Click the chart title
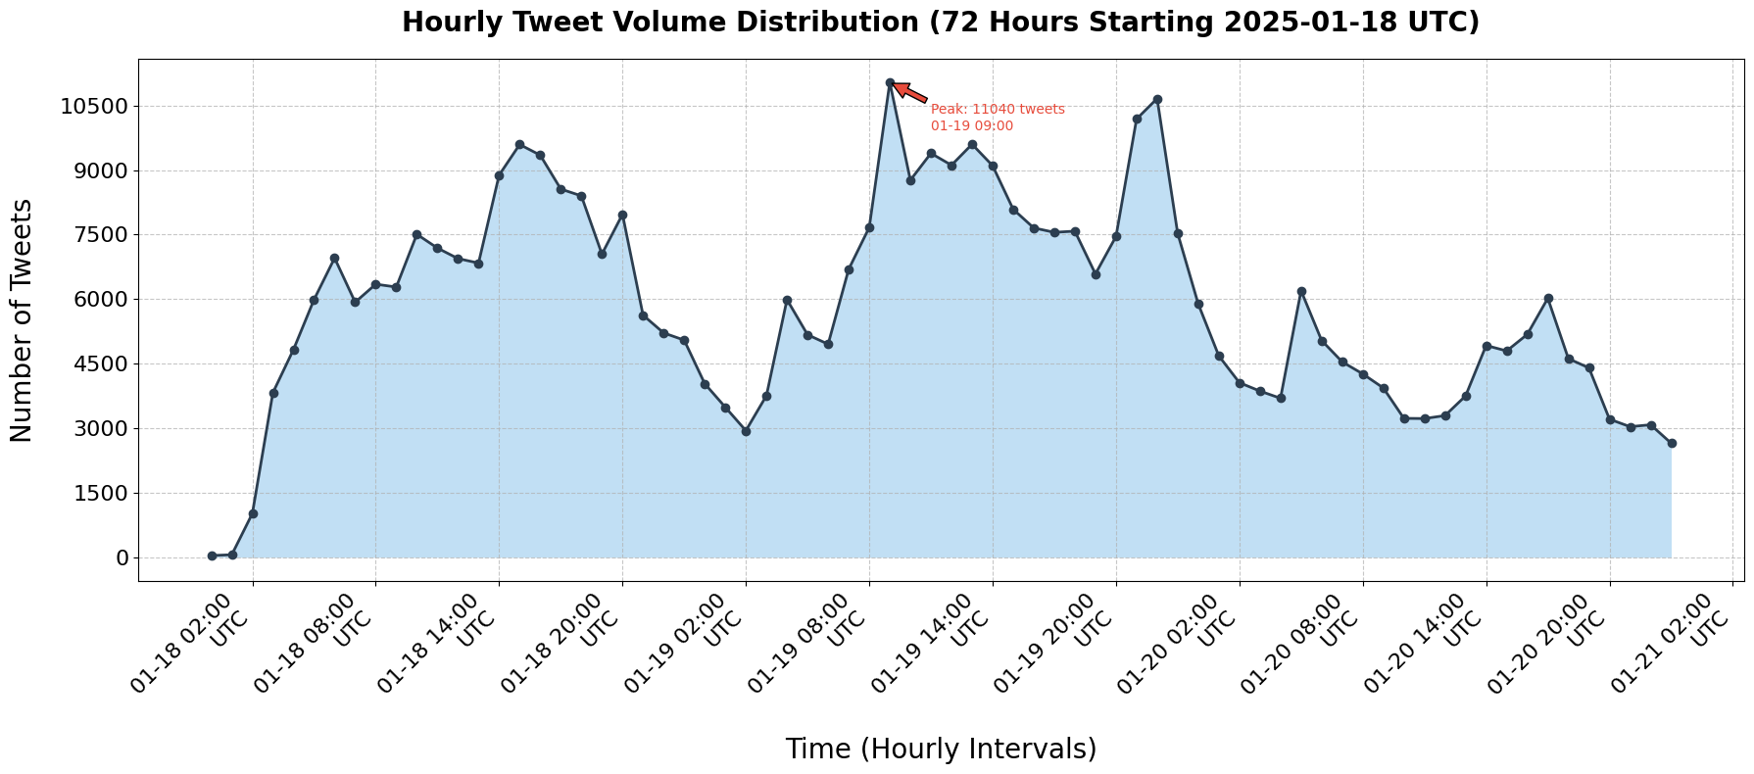[940, 23]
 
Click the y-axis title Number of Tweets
[22, 320]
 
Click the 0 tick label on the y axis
[122, 557]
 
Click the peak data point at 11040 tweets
[890, 83]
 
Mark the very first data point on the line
[212, 556]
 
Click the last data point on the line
[1672, 443]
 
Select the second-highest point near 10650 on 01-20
[1157, 99]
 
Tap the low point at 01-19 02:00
[746, 431]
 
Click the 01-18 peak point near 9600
[519, 144]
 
